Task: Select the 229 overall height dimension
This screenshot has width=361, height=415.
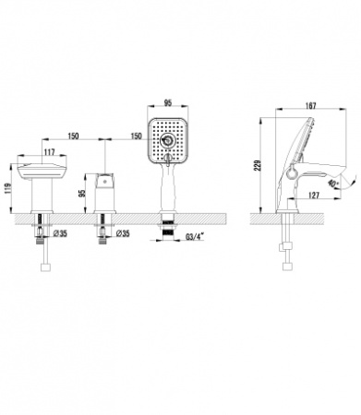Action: (260, 167)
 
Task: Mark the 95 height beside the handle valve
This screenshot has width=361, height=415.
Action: (82, 193)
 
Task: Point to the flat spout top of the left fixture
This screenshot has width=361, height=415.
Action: (42, 168)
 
